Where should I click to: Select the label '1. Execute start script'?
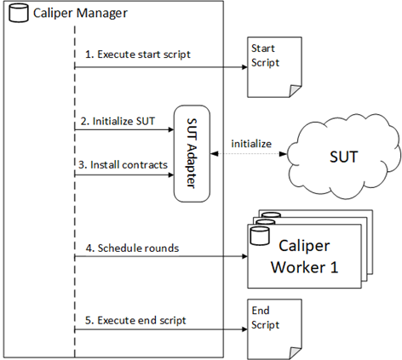pos(138,54)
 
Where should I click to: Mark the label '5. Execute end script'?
pos(135,320)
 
